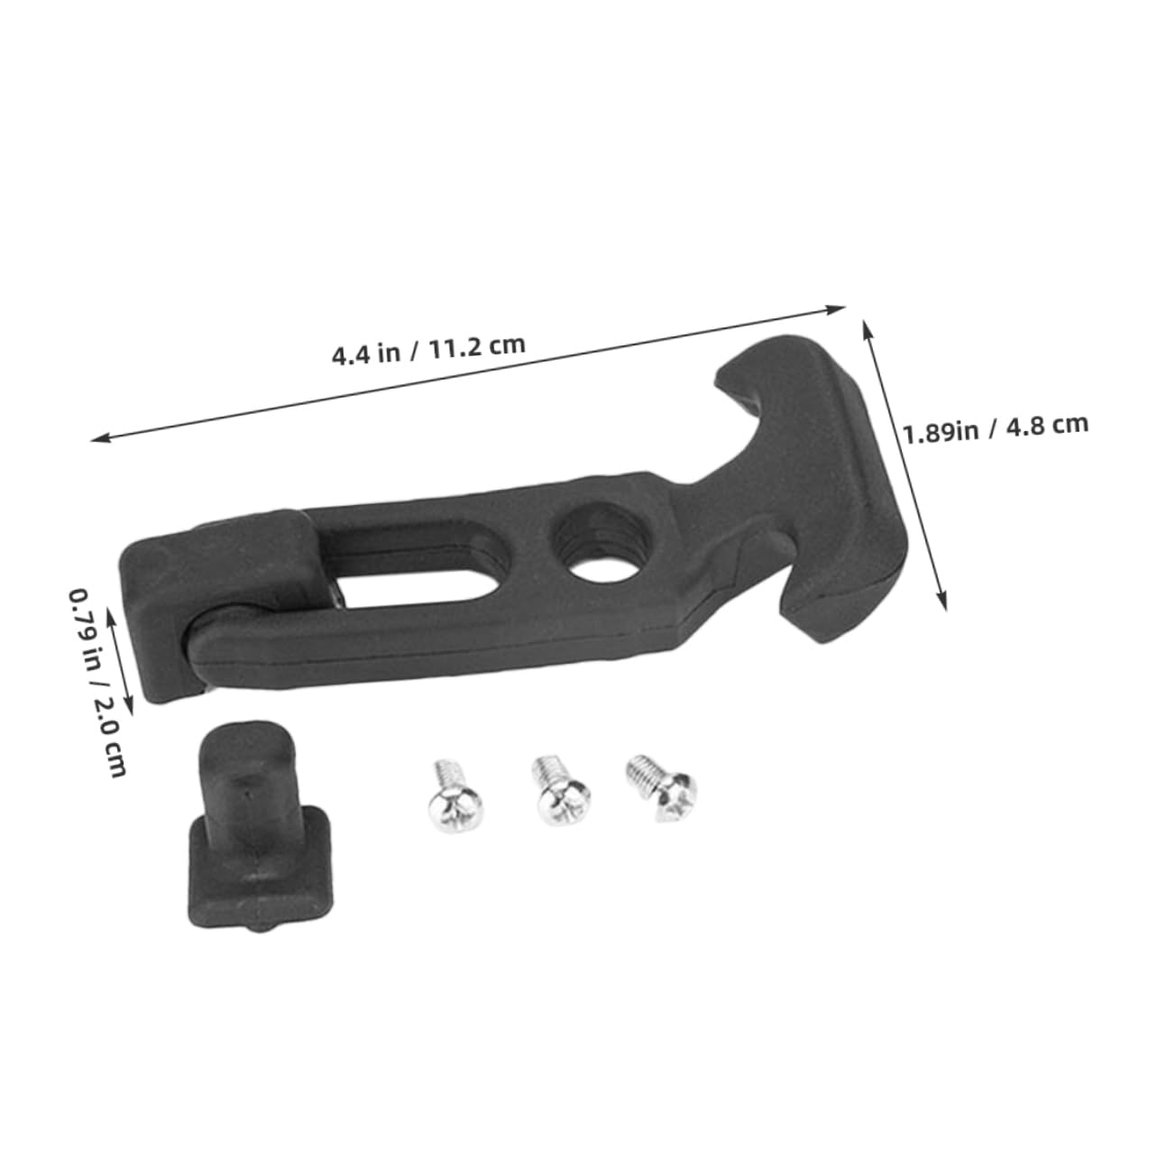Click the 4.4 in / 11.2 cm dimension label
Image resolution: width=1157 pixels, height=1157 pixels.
(428, 349)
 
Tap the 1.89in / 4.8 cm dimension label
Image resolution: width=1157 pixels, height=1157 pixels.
(996, 427)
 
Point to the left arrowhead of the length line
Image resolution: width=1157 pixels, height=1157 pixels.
(97, 440)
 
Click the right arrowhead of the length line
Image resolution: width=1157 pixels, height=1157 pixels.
(840, 308)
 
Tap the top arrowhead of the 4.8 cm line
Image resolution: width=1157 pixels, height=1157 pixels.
(868, 325)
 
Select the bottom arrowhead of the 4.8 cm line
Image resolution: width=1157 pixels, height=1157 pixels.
(944, 606)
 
